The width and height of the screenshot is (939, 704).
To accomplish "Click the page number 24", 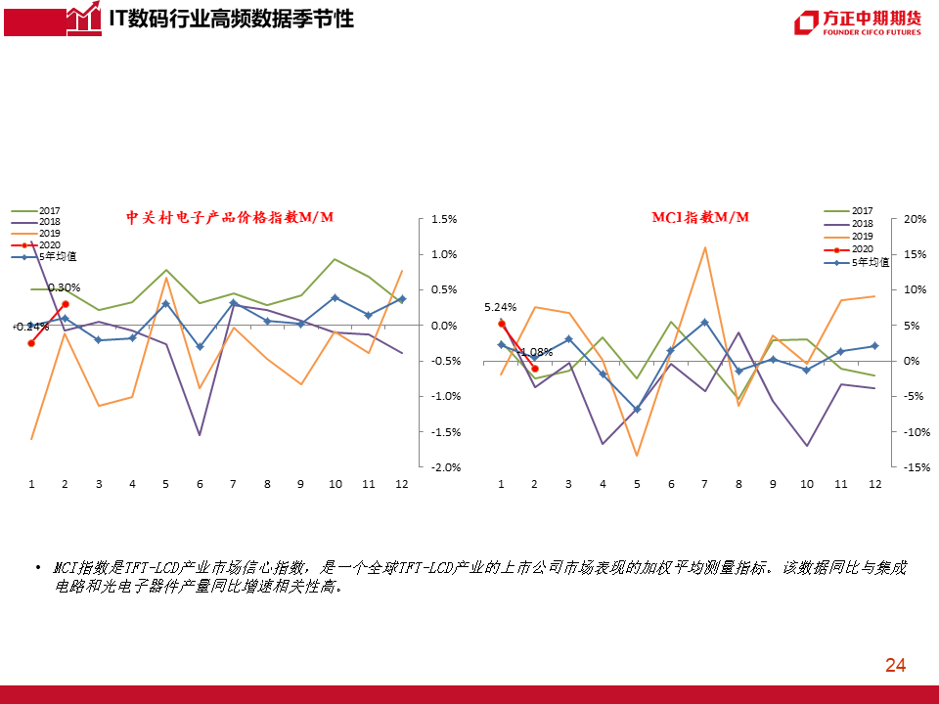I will point(895,666).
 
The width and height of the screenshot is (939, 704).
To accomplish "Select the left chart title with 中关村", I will point(230,217).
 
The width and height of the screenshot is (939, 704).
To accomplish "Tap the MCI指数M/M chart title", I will point(700,217).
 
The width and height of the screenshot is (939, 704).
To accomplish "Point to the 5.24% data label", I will point(500,307).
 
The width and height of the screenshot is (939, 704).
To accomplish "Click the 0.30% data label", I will point(64,287).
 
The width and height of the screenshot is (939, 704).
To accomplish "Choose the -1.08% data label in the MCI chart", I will point(536,352).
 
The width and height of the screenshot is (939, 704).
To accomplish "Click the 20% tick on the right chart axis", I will point(915,219).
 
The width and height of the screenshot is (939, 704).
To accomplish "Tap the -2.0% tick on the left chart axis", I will point(445,467).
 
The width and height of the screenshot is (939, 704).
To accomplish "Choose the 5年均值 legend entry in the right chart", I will point(870,262).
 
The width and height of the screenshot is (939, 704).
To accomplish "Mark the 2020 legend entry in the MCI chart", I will point(862,249).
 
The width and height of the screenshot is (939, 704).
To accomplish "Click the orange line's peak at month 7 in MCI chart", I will point(704,247).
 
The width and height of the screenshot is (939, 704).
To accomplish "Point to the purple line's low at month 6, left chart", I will point(200,435).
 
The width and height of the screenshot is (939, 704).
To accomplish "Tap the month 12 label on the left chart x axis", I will point(401,484).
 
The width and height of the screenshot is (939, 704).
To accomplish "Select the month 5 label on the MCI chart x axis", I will point(637,484).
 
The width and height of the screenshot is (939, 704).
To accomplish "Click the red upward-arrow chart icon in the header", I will point(82,18).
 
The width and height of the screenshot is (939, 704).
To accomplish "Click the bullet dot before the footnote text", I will point(37,568).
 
